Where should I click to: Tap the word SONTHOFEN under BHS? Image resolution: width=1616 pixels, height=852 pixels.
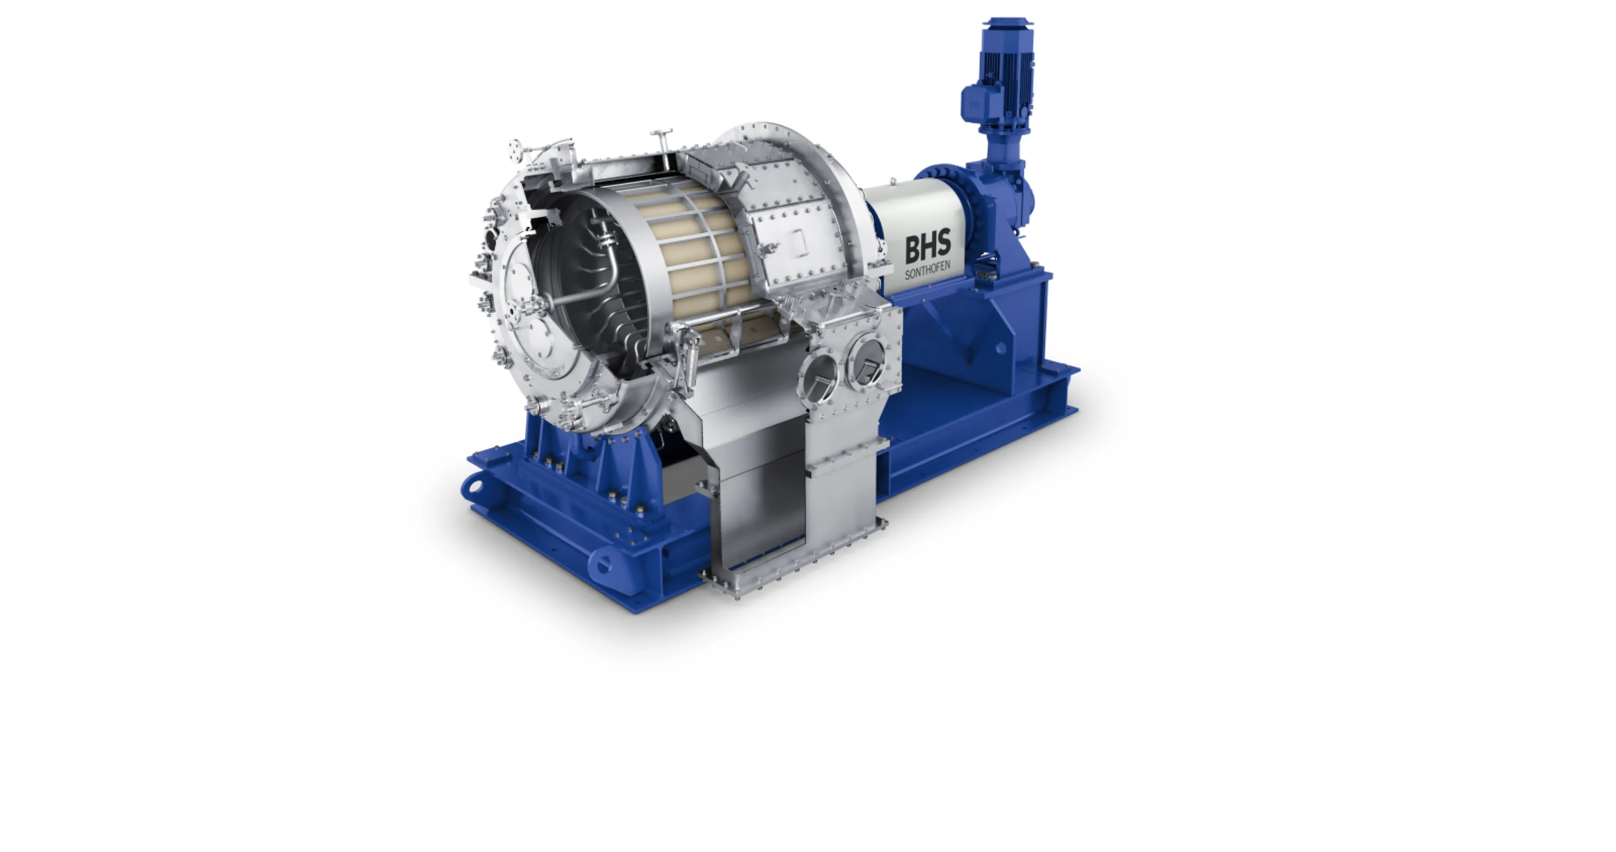coord(928,272)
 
